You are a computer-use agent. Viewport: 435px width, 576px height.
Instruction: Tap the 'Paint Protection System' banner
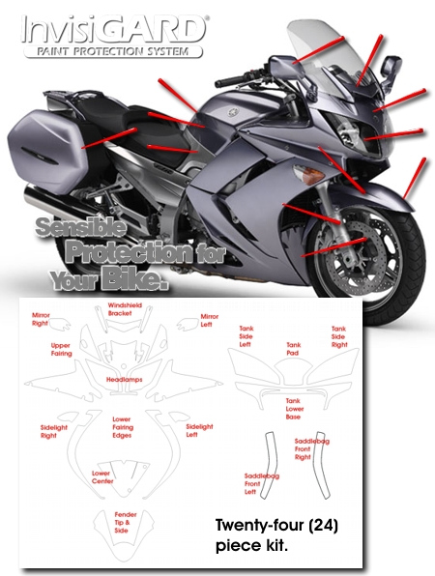pyautogui.click(x=113, y=51)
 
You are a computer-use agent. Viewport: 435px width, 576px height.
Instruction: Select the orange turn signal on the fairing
pyautogui.click(x=308, y=174)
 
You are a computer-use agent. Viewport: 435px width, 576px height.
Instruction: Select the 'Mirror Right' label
pyautogui.click(x=40, y=319)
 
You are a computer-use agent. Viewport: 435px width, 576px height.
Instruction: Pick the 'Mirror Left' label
pyautogui.click(x=210, y=320)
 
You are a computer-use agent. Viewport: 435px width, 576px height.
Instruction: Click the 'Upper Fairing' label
pyautogui.click(x=61, y=349)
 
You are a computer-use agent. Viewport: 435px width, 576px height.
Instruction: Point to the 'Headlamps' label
pyautogui.click(x=124, y=380)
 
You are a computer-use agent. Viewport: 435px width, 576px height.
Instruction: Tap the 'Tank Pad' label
pyautogui.click(x=293, y=349)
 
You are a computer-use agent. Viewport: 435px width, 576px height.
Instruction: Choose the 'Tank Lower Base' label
pyautogui.click(x=295, y=409)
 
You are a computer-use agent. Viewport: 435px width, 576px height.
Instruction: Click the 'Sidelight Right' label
pyautogui.click(x=53, y=432)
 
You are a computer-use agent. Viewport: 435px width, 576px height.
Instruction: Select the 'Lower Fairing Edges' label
pyautogui.click(x=123, y=427)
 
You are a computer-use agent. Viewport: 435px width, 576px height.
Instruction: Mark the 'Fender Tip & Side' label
pyautogui.click(x=126, y=523)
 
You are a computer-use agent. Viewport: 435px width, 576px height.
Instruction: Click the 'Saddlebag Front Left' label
pyautogui.click(x=262, y=484)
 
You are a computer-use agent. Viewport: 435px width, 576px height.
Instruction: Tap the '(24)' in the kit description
pyautogui.click(x=323, y=526)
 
